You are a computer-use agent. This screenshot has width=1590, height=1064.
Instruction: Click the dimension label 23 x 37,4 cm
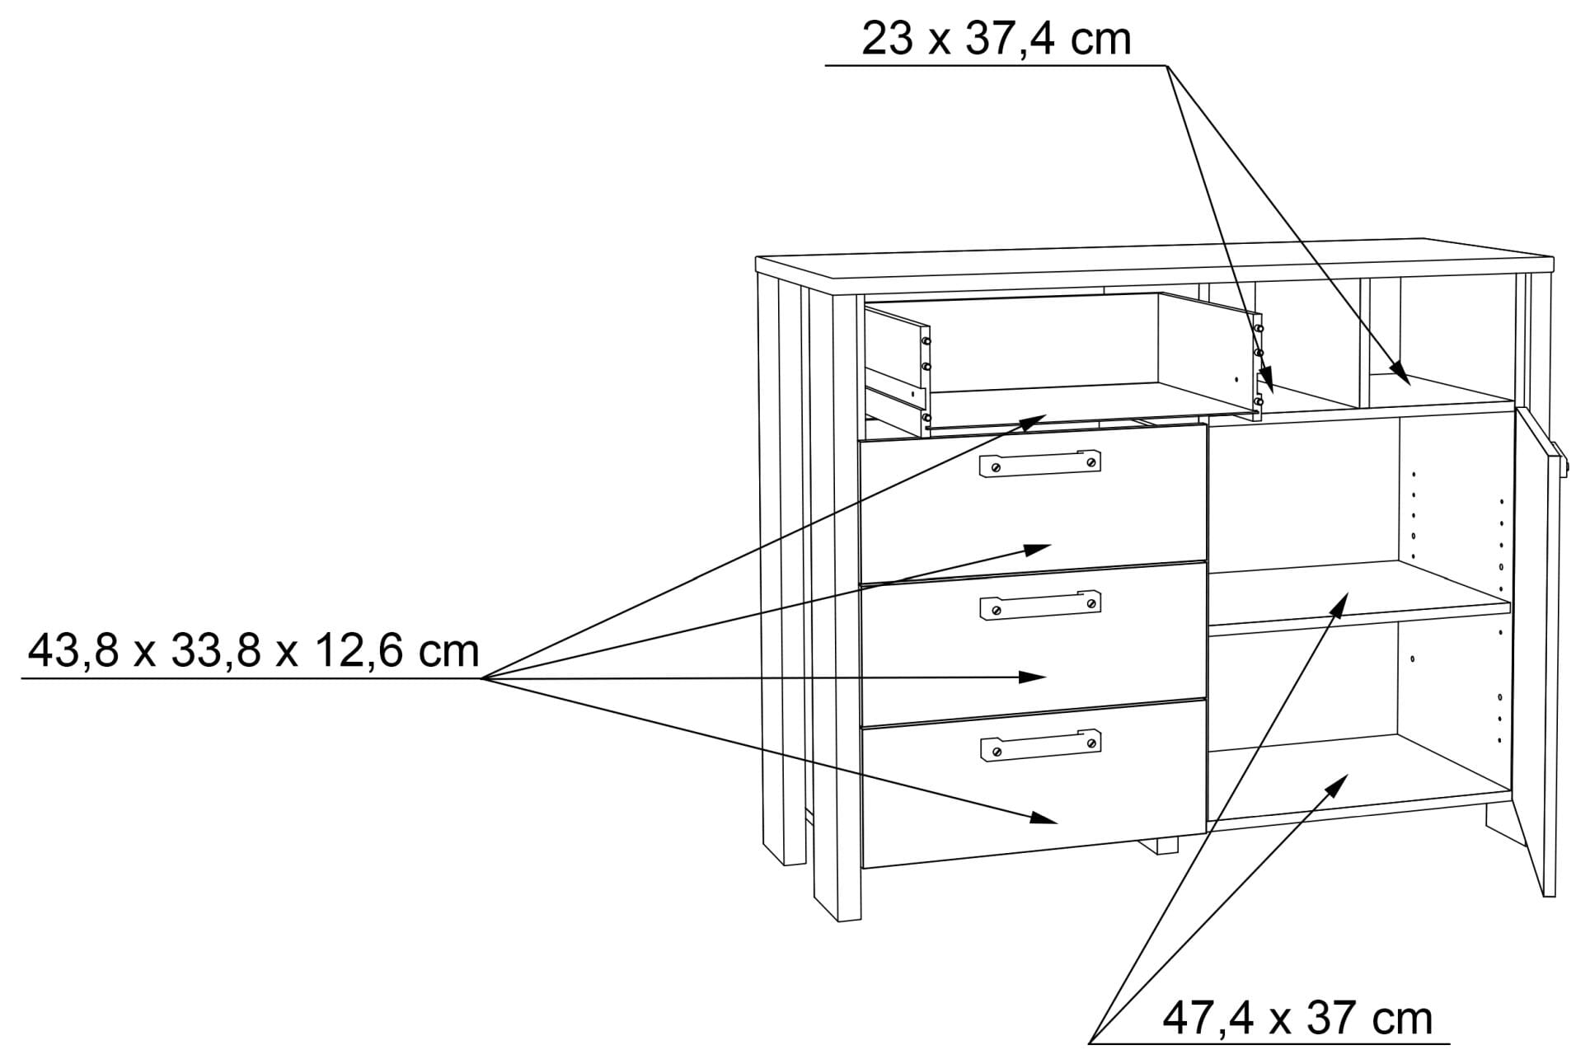coord(996,40)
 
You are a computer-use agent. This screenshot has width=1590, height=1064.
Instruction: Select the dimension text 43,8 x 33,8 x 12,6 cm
coord(254,651)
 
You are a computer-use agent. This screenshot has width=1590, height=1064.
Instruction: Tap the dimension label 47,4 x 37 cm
coord(1297,1019)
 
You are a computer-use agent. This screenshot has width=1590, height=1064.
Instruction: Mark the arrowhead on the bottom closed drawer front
coord(1044,818)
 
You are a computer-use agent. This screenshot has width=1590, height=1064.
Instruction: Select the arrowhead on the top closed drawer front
coord(1038,549)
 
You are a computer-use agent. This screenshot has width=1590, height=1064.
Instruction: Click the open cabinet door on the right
coord(1536,651)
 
